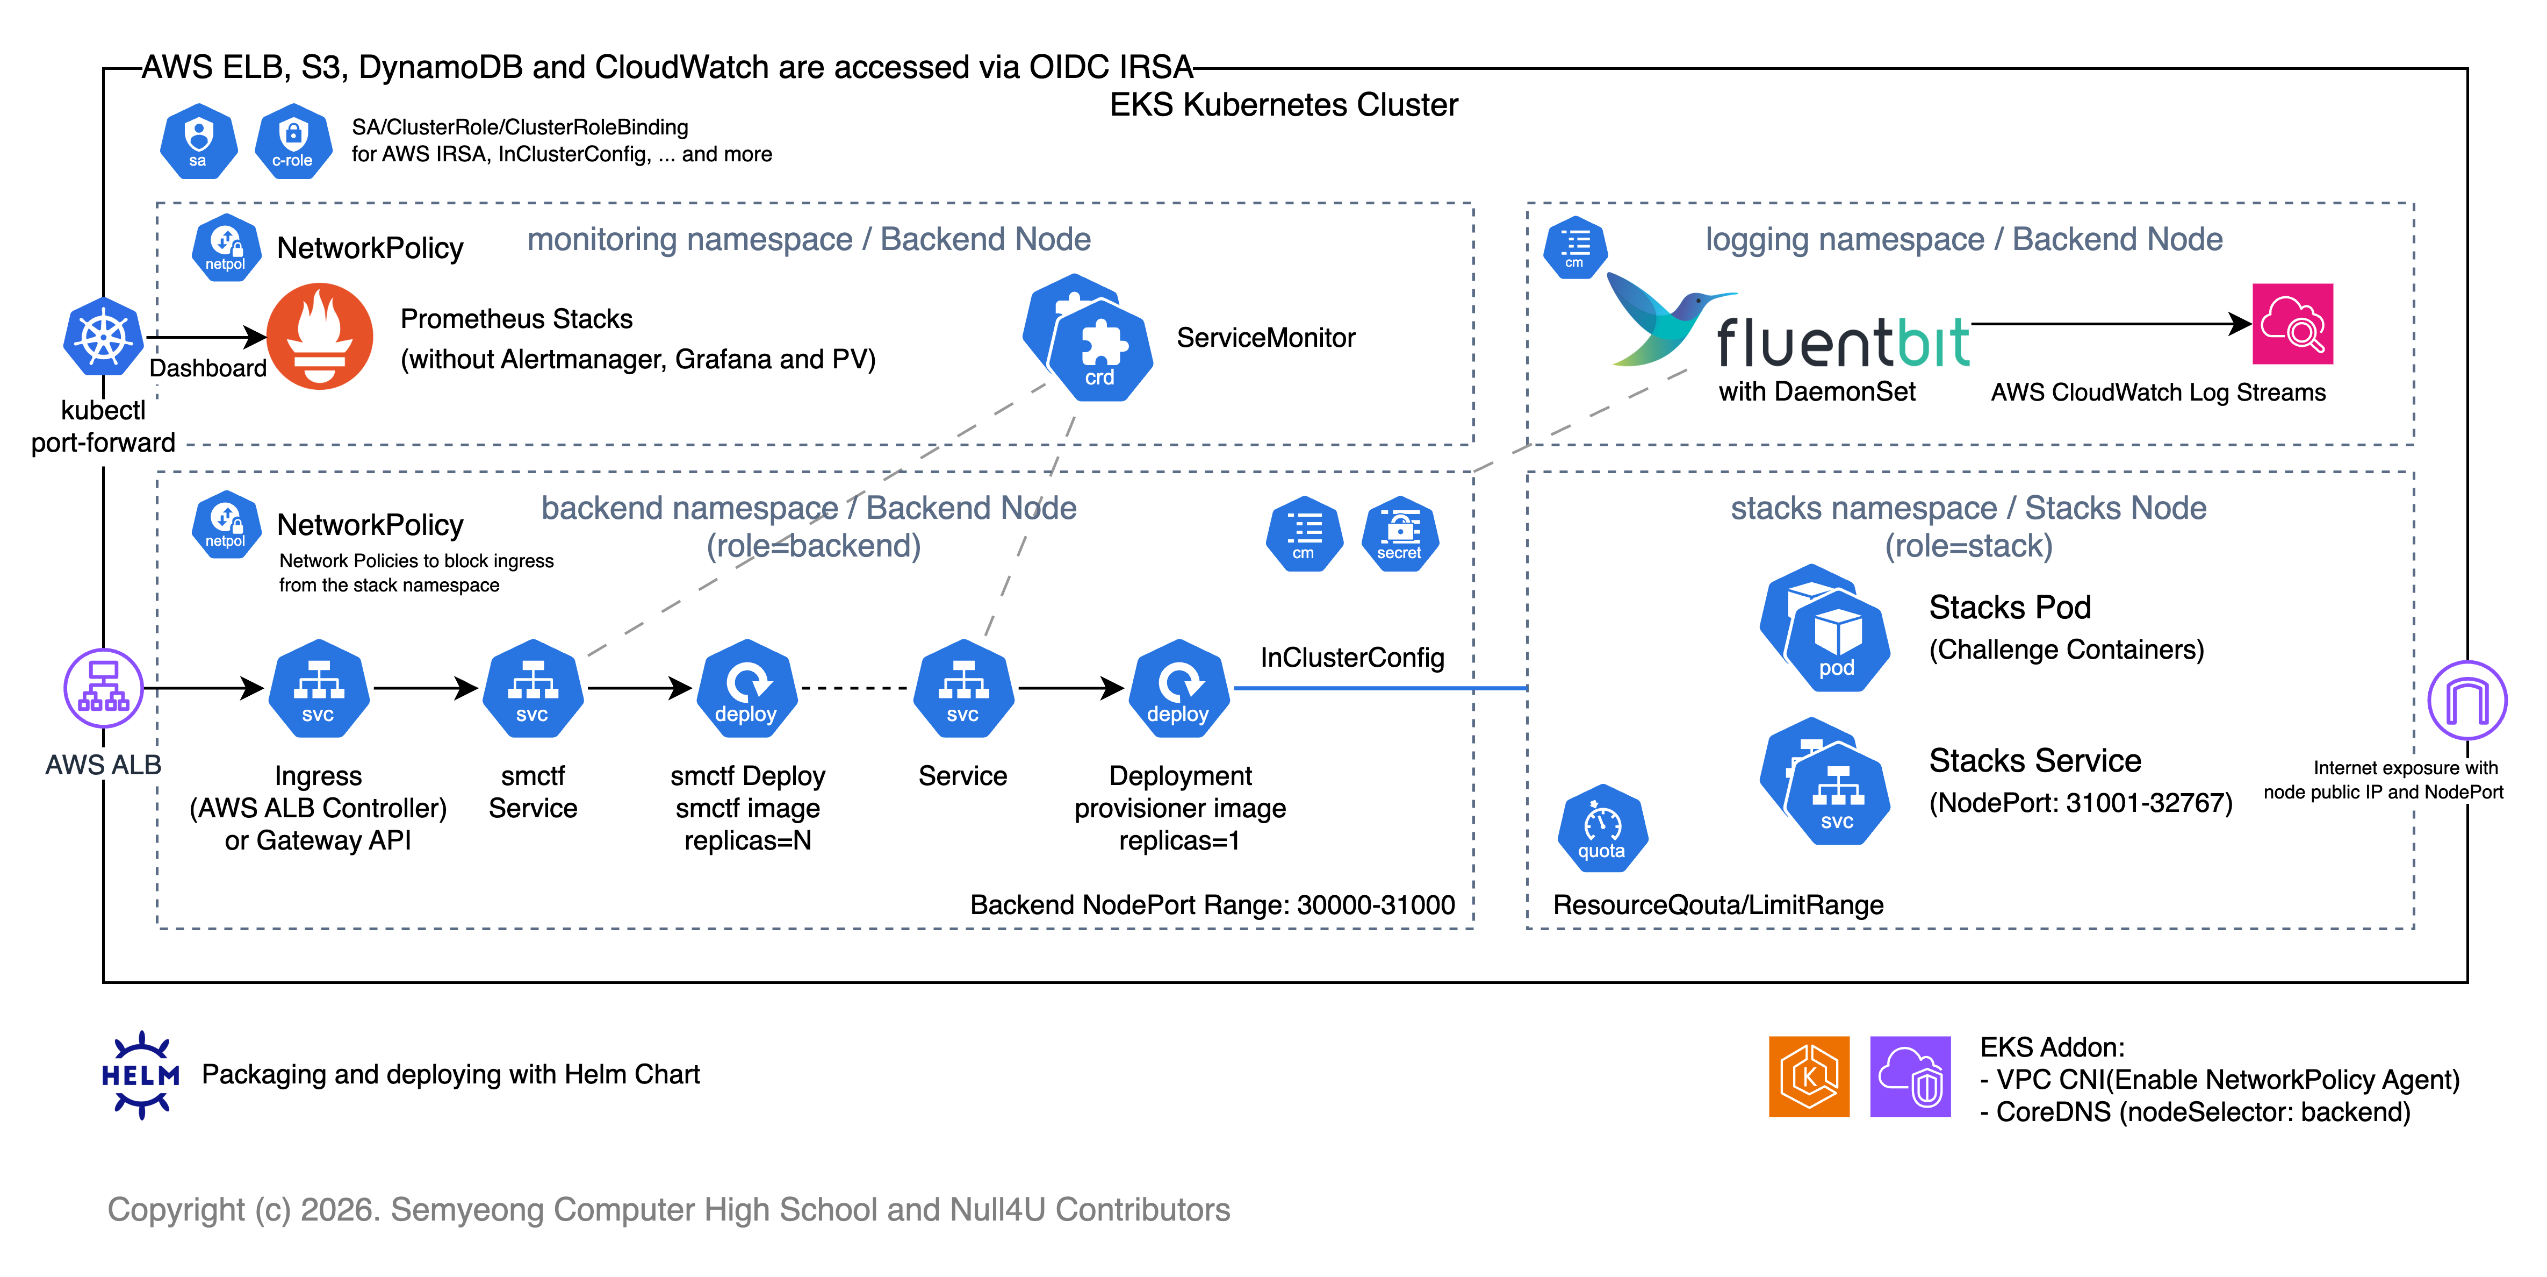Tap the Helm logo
point(140,1074)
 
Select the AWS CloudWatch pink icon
point(2292,324)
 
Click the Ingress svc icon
point(318,688)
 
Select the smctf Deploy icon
point(746,688)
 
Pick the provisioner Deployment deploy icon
point(1178,688)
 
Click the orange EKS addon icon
point(1808,1076)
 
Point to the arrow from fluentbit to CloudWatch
point(2106,324)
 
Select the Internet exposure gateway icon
point(2467,700)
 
